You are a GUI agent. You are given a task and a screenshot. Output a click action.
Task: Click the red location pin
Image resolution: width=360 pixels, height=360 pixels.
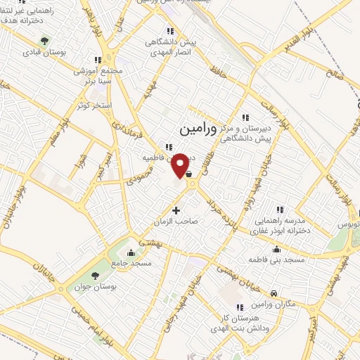(x=180, y=165)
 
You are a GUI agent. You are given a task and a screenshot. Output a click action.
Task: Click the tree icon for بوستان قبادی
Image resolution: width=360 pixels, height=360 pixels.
(x=46, y=41)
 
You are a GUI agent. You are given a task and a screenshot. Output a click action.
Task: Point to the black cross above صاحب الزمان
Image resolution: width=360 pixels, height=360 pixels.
(x=176, y=210)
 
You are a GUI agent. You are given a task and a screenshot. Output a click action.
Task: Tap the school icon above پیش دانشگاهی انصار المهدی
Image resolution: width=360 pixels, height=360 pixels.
(x=169, y=30)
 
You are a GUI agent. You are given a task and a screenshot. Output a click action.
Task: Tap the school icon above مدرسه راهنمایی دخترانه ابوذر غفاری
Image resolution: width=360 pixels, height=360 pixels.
(x=280, y=209)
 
